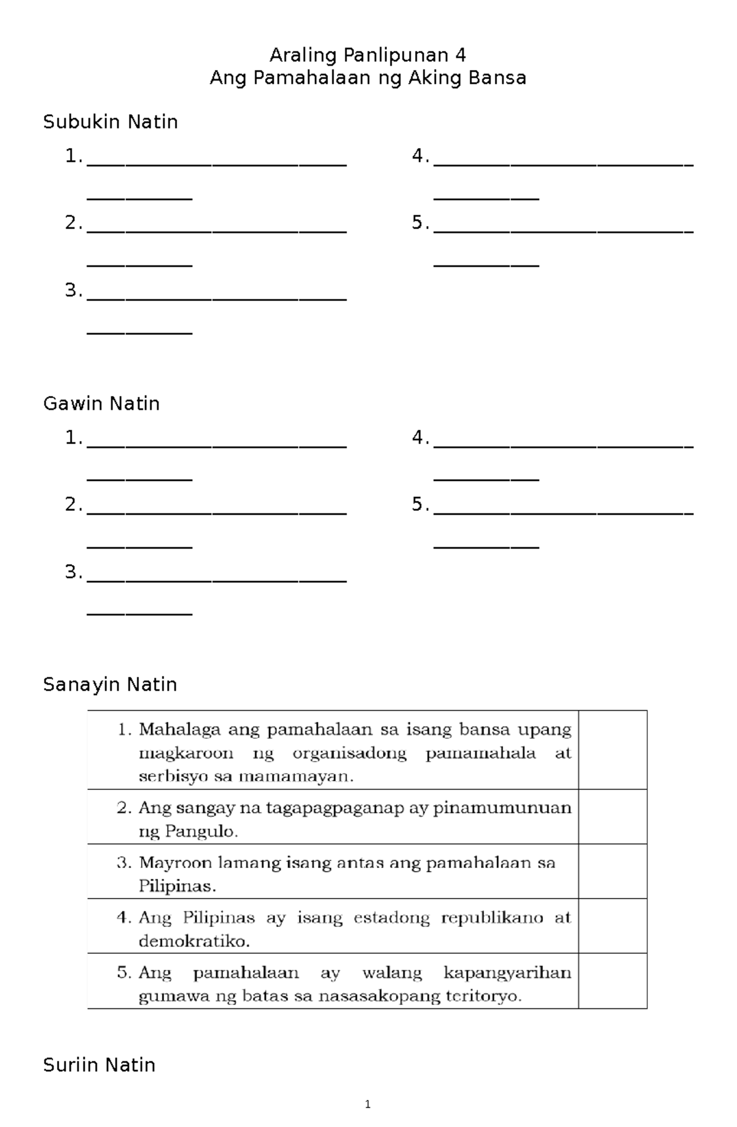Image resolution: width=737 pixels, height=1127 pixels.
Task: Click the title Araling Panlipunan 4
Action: point(368,56)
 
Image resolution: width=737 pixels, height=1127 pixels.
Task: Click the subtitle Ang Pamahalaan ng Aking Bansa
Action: point(368,79)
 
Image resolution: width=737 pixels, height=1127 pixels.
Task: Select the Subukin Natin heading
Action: point(111,122)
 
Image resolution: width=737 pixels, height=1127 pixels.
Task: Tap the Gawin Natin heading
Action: point(101,404)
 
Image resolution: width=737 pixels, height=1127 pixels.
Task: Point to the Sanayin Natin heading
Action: point(110,684)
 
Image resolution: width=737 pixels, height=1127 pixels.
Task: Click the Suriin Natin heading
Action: point(99,1064)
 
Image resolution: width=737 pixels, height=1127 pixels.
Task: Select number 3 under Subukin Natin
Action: point(72,290)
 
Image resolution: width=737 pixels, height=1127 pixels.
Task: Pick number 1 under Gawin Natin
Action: point(72,438)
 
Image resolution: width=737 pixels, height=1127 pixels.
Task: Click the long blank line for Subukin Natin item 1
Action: point(217,165)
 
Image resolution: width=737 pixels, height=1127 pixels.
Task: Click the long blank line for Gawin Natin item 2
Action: point(217,512)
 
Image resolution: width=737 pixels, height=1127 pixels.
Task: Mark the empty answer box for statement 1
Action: point(612,750)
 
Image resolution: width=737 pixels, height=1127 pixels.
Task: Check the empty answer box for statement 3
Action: point(612,871)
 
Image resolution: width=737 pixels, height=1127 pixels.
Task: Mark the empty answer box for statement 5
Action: point(612,981)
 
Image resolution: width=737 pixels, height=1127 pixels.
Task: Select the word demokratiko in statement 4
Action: point(193,941)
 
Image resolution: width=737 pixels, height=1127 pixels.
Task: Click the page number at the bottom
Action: point(367,1105)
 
